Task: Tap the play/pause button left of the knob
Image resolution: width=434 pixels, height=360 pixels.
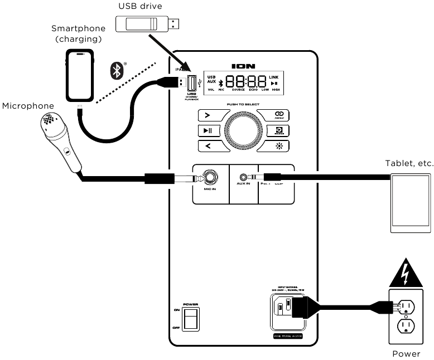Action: pos(208,130)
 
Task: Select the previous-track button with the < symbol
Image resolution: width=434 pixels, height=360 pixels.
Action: pos(208,146)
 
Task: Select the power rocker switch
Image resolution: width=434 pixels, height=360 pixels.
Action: pos(191,320)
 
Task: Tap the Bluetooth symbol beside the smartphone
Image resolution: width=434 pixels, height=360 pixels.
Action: pos(117,70)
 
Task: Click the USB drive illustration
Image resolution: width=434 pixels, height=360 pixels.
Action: pos(147,23)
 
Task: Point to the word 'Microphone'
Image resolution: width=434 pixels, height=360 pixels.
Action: pos(28,105)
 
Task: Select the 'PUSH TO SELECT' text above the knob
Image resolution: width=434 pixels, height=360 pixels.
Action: pos(242,104)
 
